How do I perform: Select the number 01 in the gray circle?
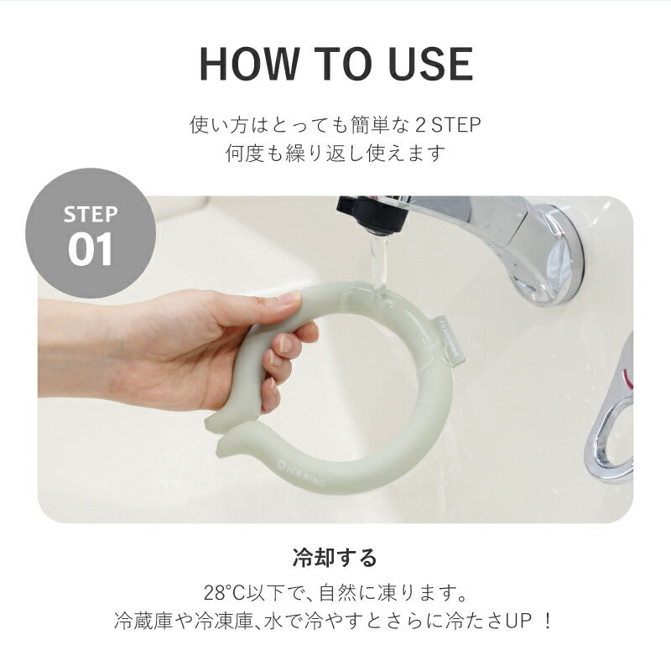pos(91,249)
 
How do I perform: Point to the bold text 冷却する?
pos(335,558)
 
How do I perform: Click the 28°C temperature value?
pos(228,593)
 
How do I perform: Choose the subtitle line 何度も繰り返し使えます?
pos(335,154)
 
